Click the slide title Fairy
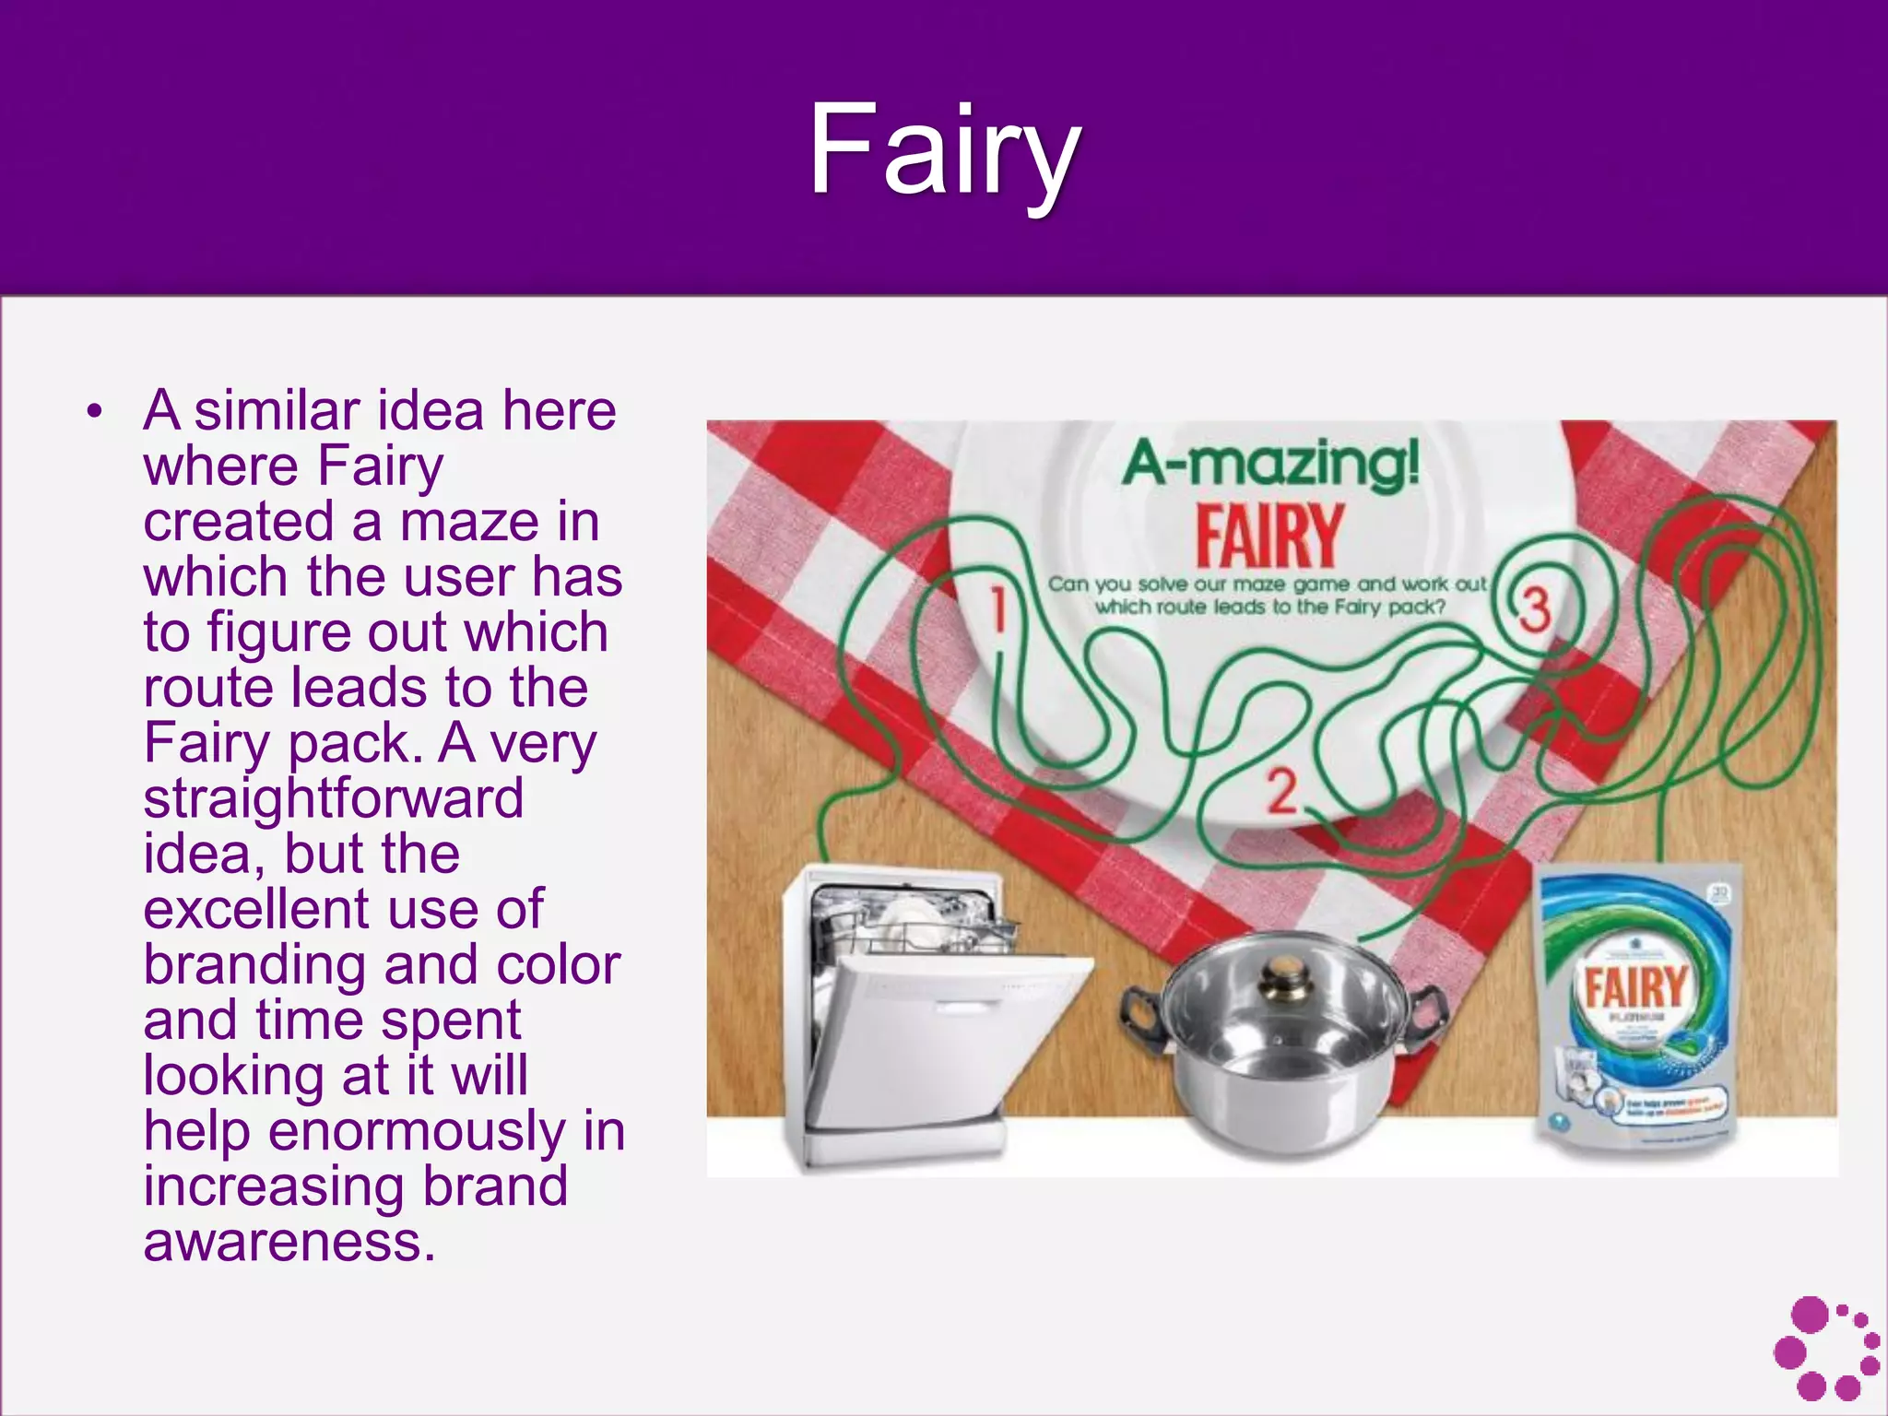click(x=944, y=152)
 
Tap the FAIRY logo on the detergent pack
click(x=1634, y=986)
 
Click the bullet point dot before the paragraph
click(x=93, y=412)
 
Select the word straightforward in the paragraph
click(x=334, y=798)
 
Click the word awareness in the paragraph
click(x=288, y=1242)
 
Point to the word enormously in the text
click(x=417, y=1131)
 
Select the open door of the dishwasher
click(x=940, y=1042)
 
